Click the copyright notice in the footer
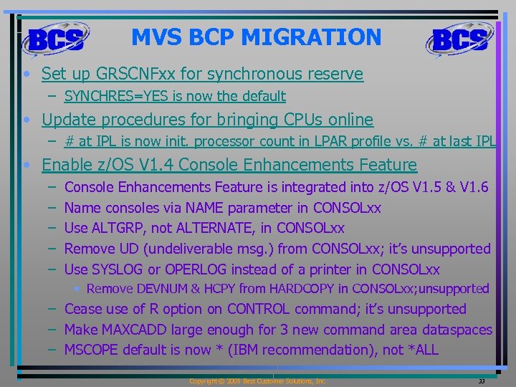[x=257, y=381]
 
